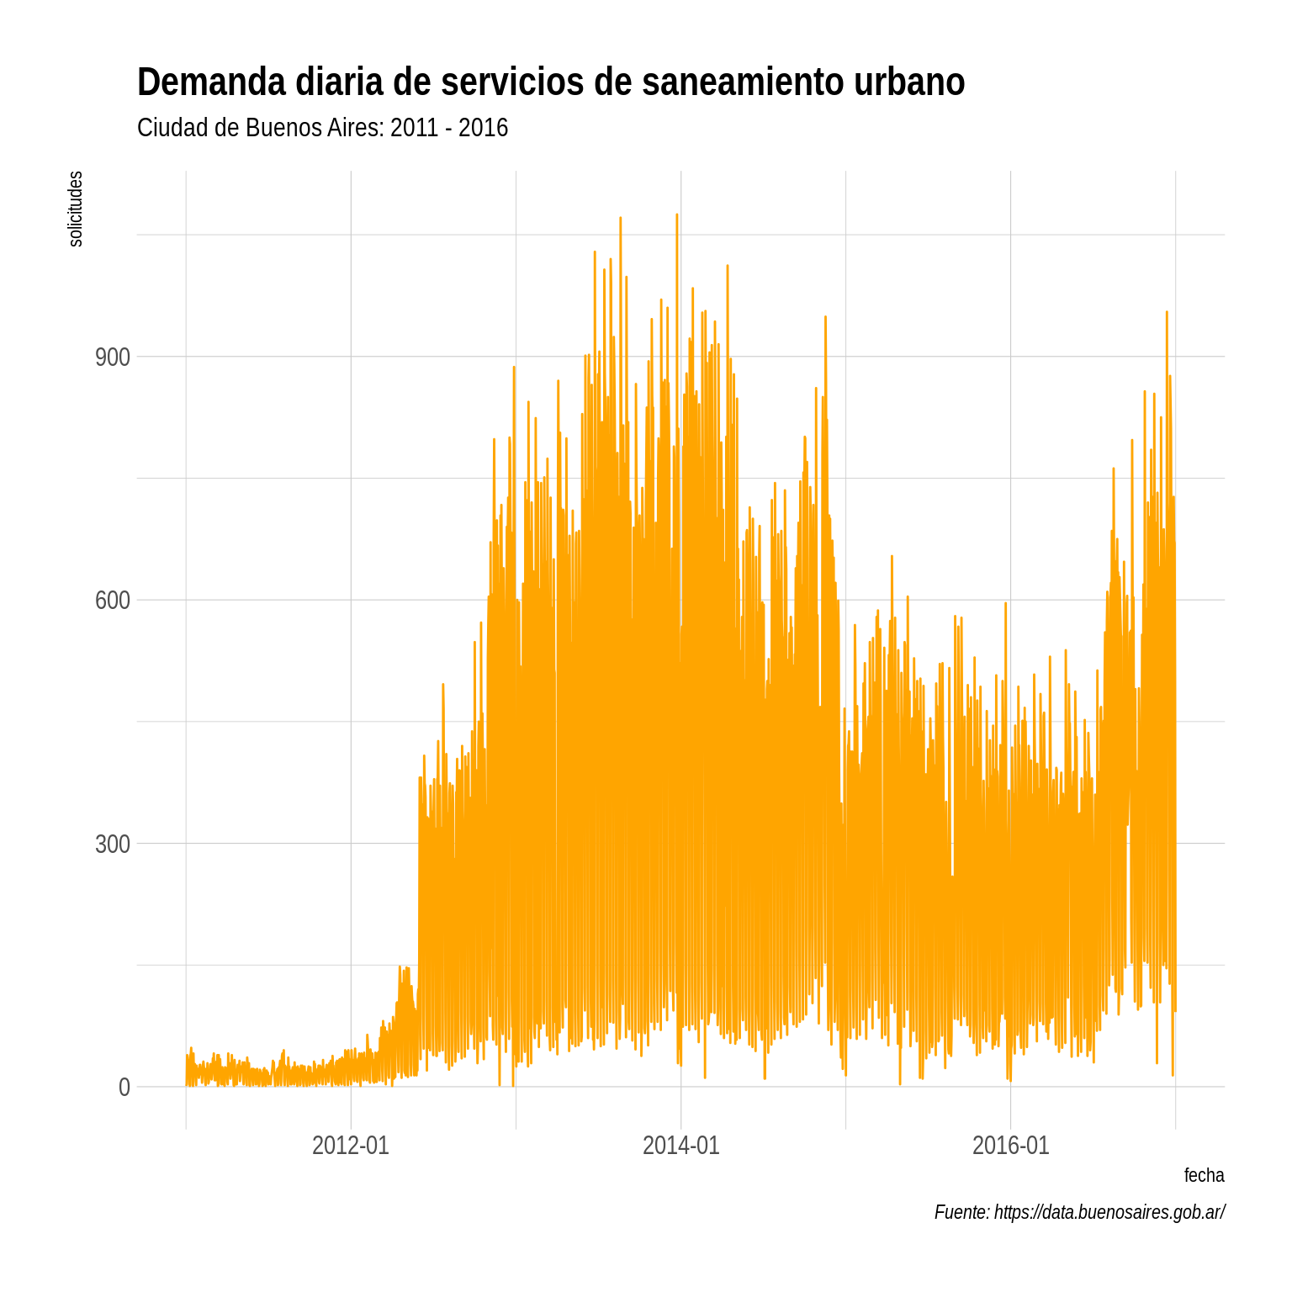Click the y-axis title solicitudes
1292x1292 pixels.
[x=76, y=209]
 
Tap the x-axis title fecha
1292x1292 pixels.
[x=1204, y=1175]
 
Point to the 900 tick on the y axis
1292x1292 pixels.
[x=113, y=357]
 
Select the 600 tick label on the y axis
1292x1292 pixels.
[x=113, y=600]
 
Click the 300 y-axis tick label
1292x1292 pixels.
[x=113, y=844]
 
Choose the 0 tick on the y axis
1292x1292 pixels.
[x=124, y=1087]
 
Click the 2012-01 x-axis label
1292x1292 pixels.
[x=350, y=1146]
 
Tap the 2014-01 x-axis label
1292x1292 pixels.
[x=680, y=1146]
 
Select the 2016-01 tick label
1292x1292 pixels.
[x=1010, y=1146]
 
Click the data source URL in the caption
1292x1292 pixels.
[x=1109, y=1212]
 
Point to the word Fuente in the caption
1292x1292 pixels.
[x=961, y=1212]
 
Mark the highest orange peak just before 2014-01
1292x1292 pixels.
[x=676, y=215]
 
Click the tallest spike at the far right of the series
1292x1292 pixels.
[x=1166, y=313]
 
